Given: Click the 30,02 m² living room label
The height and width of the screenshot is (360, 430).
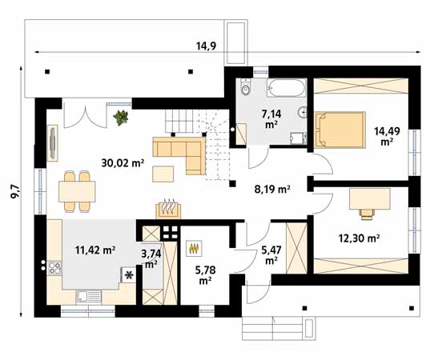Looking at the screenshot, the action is point(123,163).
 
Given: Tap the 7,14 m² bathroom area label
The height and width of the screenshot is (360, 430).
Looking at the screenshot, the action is point(271,118).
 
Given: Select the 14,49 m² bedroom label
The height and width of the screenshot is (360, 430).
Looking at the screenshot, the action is point(387,136).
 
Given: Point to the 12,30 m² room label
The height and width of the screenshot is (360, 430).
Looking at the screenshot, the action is point(359,238).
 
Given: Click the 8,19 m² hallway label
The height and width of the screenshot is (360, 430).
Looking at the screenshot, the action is point(272,189).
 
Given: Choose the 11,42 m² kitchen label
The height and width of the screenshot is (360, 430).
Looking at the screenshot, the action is point(94,250).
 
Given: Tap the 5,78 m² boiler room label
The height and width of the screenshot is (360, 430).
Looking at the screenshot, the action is point(205,275).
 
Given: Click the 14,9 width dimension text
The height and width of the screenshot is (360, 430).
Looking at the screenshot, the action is point(207,46).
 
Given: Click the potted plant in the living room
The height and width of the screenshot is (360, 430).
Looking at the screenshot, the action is point(121,118).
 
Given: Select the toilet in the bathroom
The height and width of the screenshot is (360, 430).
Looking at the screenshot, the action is point(246,86).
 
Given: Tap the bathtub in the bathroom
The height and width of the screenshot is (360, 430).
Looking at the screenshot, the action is point(287,88).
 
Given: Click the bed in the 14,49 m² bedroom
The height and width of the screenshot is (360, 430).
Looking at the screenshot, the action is point(340,130).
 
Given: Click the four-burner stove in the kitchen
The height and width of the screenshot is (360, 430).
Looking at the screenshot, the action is point(54,268).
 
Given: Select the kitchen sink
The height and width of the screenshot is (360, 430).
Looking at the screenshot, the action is point(89,297).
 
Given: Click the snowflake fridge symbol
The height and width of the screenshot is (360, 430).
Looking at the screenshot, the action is point(129,274).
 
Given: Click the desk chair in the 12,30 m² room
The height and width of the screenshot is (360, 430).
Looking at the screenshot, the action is point(367,214).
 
